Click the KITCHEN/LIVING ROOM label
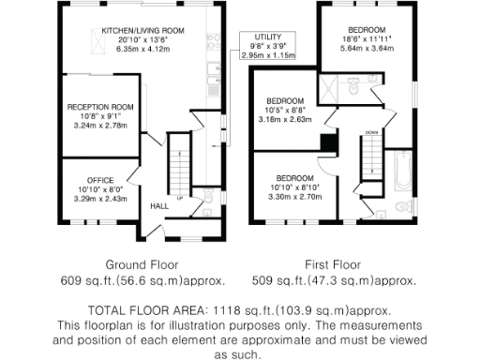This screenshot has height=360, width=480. click(142, 30)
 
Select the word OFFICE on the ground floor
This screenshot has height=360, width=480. click(100, 179)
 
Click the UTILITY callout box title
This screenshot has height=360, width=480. click(266, 37)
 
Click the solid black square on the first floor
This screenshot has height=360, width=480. click(326, 142)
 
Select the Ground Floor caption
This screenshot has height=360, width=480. click(142, 265)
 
